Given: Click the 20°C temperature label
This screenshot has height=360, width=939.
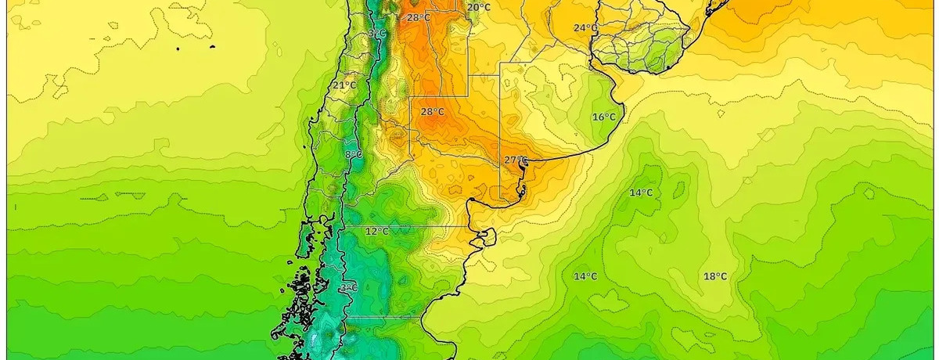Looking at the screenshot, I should point(479,8).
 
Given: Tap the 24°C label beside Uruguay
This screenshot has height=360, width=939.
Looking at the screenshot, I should point(585,28).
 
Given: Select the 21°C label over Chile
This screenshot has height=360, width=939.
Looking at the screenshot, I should point(344,85).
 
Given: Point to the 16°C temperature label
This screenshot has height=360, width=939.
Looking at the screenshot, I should point(603,117).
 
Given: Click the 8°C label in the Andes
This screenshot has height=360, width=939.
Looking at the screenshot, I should point(353,154).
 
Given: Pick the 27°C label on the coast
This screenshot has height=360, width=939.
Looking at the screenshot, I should point(516,160).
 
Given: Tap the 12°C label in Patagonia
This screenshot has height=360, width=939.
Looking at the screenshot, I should point(377,232).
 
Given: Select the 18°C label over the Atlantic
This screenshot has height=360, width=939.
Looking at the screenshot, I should point(715,276).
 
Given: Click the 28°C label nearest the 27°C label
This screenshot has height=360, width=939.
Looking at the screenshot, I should point(433,112).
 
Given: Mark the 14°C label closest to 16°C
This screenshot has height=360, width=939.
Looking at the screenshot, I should point(642,193).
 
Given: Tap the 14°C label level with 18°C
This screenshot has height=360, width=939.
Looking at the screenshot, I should point(585,276).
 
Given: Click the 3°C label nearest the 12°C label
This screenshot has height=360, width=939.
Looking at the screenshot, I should point(348,288).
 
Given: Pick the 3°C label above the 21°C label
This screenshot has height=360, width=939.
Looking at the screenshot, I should point(377,34).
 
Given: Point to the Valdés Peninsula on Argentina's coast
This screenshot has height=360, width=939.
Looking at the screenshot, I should point(487,236).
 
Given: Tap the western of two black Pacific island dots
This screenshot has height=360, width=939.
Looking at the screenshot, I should point(179,49).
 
